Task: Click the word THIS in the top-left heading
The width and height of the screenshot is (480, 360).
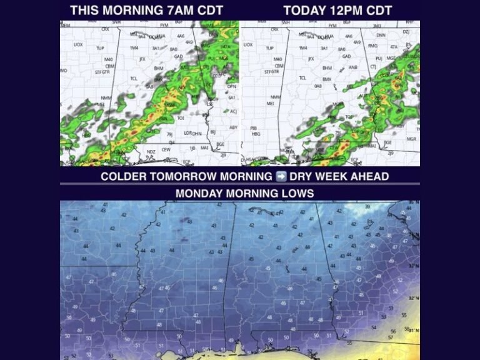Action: click(85, 11)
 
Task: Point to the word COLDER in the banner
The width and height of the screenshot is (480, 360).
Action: click(125, 176)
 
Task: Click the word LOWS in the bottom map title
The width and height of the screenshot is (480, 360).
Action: click(299, 193)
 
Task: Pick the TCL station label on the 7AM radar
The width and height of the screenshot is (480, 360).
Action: click(133, 79)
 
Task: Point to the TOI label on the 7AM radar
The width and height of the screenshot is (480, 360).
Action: click(180, 117)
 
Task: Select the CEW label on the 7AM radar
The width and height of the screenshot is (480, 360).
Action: click(166, 149)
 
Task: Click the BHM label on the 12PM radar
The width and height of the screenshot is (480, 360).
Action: click(326, 67)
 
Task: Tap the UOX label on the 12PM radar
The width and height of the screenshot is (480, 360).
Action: click(248, 44)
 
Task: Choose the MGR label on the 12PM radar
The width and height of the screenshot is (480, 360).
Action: click(411, 139)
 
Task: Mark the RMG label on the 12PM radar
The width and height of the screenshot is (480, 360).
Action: click(373, 46)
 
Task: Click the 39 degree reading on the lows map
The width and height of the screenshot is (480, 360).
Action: click(367, 206)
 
